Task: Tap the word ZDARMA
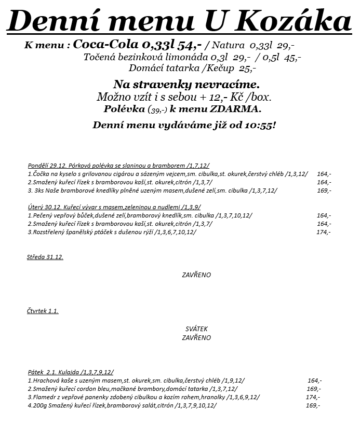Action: (x=235, y=109)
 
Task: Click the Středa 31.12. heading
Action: (x=45, y=257)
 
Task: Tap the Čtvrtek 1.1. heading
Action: (x=43, y=311)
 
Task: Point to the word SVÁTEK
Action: (x=196, y=329)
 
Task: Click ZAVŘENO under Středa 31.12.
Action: (x=196, y=275)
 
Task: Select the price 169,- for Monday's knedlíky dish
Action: (x=324, y=191)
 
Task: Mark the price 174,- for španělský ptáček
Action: (x=323, y=232)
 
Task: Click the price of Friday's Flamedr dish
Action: (x=313, y=397)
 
